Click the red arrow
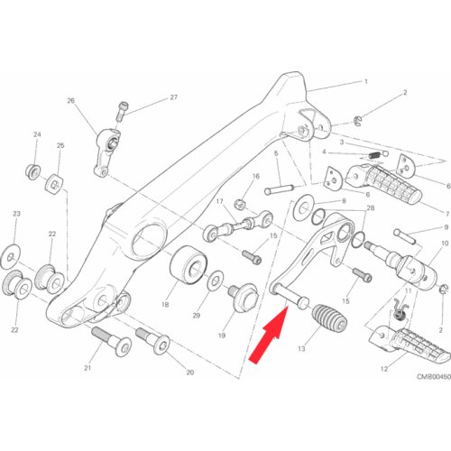click(x=269, y=335)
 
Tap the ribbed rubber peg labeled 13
click(x=330, y=318)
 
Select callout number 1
click(x=365, y=81)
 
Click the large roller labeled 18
click(x=189, y=265)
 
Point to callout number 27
click(x=174, y=97)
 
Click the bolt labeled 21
click(x=111, y=342)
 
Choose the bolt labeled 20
click(x=152, y=341)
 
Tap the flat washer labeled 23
click(x=11, y=257)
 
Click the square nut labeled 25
click(x=54, y=184)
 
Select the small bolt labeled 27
click(x=121, y=112)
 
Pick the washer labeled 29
click(x=216, y=281)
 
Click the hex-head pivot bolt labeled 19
click(x=244, y=297)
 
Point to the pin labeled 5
click(x=279, y=189)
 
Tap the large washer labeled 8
click(x=304, y=207)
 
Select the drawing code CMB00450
click(x=434, y=376)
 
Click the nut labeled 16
click(x=240, y=204)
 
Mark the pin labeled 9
click(x=405, y=236)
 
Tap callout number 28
click(x=371, y=208)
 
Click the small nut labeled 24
click(x=33, y=172)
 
